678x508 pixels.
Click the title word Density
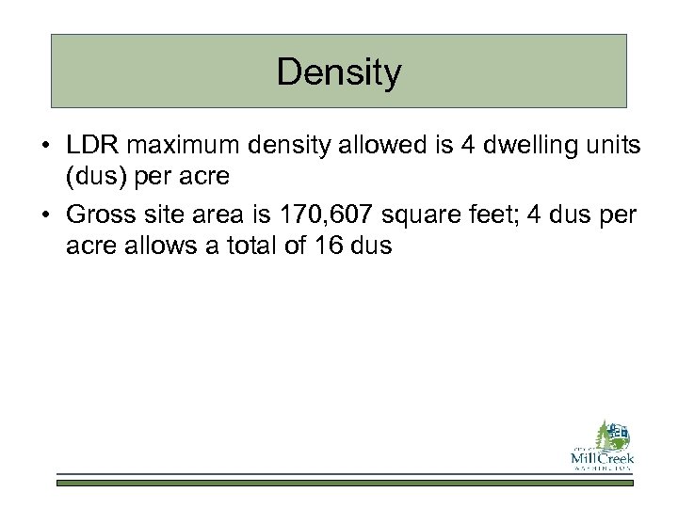[339, 72]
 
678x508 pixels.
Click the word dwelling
[505, 147]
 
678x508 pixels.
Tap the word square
[412, 214]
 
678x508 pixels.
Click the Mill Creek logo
[603, 444]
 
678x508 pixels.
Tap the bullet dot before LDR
[45, 148]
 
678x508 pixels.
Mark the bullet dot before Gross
[45, 214]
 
